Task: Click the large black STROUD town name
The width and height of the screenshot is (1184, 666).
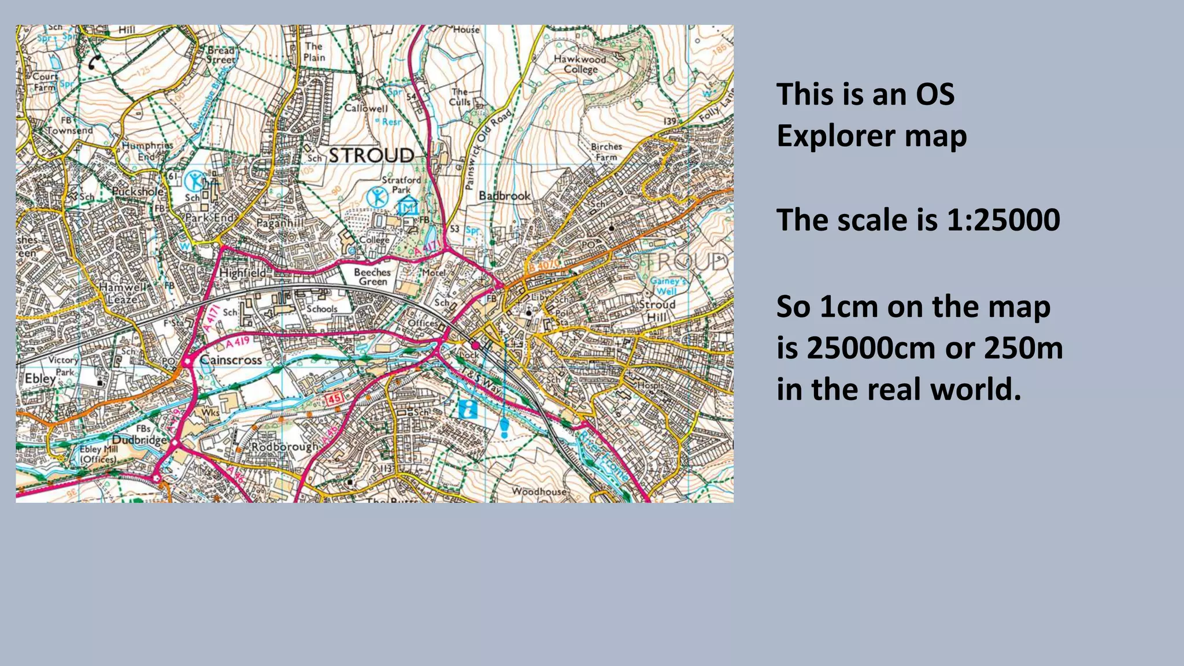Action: coord(372,155)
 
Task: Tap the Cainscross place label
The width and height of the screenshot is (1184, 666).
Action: coord(231,360)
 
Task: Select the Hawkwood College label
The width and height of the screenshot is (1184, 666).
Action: coord(580,64)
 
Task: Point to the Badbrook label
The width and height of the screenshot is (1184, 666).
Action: coord(505,196)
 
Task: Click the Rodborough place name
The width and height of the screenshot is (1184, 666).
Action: coord(284,447)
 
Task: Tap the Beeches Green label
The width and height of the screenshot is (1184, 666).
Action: coord(372,276)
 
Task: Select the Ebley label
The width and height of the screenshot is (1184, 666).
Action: coord(40,379)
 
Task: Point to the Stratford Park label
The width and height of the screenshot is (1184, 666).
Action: coord(401,184)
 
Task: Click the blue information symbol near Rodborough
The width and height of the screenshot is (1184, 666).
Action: coord(468,409)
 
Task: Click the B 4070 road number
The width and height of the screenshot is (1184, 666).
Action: coord(544,265)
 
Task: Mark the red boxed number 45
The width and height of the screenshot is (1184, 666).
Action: coord(335,398)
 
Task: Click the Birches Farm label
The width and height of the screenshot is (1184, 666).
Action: coord(606,151)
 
